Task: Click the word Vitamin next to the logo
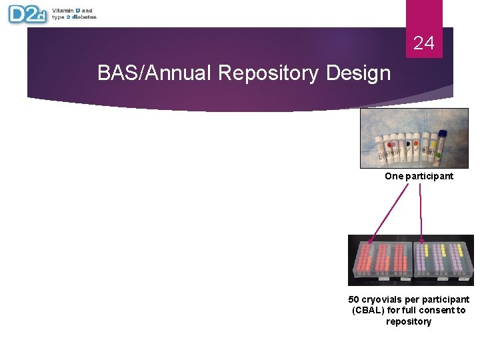[64, 11]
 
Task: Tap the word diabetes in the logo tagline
[84, 17]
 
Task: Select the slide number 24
[423, 44]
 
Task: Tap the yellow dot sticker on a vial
[434, 143]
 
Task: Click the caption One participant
[419, 177]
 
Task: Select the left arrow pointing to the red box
[389, 211]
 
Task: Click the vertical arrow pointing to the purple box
[421, 213]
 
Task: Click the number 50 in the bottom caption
[354, 300]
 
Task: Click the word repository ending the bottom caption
[409, 322]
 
